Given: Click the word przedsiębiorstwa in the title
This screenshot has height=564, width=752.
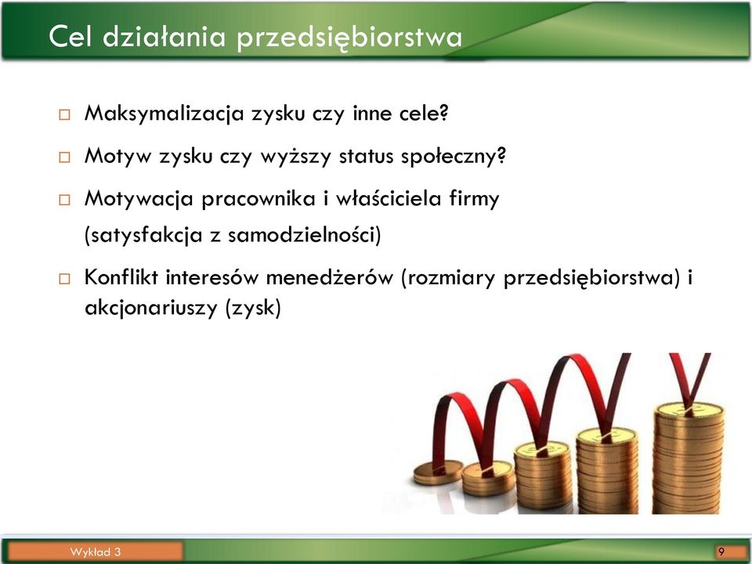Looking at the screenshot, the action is click(x=349, y=38).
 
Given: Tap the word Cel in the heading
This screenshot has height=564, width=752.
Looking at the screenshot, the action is click(x=70, y=36).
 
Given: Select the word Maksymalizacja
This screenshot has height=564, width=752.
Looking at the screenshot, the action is click(x=164, y=114).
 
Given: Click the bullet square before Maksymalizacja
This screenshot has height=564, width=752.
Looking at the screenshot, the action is click(x=64, y=114).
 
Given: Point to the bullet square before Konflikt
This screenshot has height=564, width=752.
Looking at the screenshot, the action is click(x=64, y=279).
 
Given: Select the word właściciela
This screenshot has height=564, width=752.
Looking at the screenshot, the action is click(x=388, y=198).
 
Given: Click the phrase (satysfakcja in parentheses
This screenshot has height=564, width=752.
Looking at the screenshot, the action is click(x=143, y=236).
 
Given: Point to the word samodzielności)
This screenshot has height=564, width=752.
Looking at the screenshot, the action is click(x=305, y=235).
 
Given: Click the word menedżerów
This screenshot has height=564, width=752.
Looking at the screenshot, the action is click(x=329, y=277).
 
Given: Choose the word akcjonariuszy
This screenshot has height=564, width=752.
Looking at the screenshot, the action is click(x=151, y=308).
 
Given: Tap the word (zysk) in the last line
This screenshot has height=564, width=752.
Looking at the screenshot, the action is click(x=253, y=308).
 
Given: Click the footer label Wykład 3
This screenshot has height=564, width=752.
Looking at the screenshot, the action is click(x=95, y=552).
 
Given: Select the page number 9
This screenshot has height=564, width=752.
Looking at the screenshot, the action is click(x=721, y=551).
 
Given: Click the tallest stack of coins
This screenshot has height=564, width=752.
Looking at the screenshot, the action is click(x=689, y=457).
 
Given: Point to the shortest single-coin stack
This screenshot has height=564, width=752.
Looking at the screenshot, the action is click(x=438, y=472).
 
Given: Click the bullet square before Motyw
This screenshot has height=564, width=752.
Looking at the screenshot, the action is click(x=64, y=157).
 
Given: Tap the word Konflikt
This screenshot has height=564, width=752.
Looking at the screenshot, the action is click(x=121, y=277).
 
